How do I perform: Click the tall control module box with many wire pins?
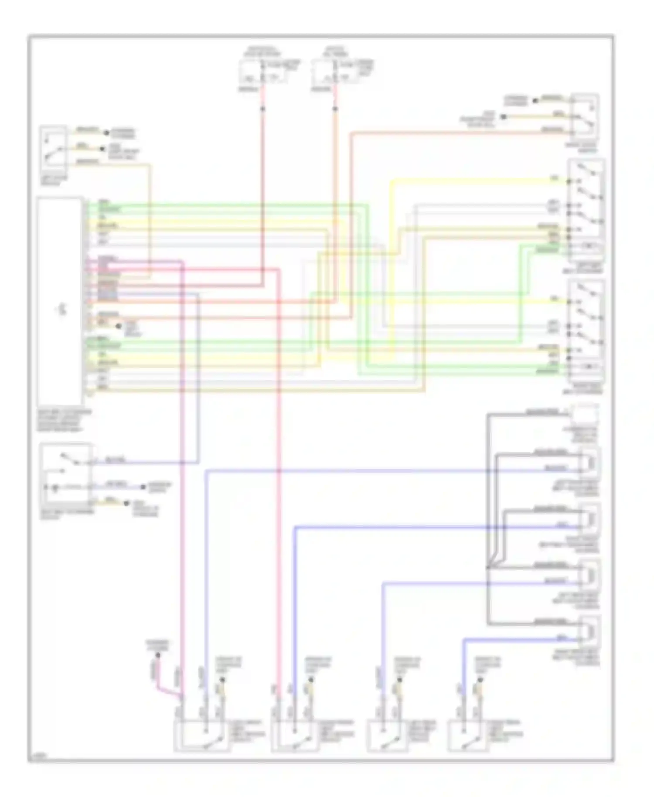coord(60,301)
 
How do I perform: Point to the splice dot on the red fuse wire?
coord(262,108)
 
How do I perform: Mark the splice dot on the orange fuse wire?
coord(335,108)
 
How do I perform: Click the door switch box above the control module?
coord(53,150)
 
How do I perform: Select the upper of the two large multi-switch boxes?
coord(586,210)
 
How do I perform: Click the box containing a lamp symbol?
coord(65,476)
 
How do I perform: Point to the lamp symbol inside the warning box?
coord(55,487)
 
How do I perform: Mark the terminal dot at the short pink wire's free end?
coord(158,655)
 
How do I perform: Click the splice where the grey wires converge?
coord(488,567)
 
